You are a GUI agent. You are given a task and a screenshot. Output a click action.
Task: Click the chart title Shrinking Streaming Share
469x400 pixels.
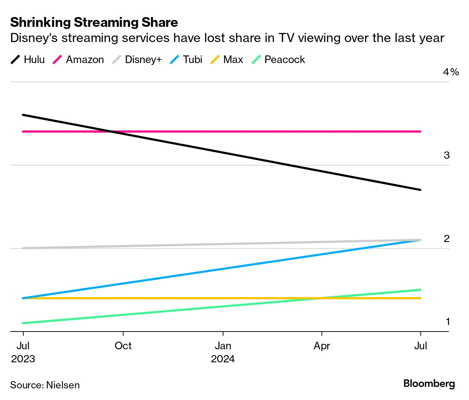pos(94,22)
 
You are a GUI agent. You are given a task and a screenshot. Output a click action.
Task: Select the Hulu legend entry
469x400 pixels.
pos(28,59)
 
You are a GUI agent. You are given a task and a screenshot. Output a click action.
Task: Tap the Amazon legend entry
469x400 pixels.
pos(79,59)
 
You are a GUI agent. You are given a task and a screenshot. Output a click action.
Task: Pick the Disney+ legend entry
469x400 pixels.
pos(137,59)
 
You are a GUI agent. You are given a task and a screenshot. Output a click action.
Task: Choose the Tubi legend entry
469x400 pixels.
pos(186,59)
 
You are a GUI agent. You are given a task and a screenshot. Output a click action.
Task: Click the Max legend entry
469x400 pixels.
pos(227,59)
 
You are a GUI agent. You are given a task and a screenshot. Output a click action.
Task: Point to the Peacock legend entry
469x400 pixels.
pos(279,59)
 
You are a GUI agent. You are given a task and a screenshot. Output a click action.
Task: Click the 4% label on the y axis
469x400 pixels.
pos(451,72)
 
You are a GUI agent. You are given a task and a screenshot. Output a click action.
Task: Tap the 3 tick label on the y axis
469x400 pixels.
pos(447,155)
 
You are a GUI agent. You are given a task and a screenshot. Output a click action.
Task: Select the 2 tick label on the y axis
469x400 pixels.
pos(447,239)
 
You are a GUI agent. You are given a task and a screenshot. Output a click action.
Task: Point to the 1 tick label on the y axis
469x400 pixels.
pos(448,322)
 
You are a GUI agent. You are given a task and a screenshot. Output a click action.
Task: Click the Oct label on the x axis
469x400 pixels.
pos(123,346)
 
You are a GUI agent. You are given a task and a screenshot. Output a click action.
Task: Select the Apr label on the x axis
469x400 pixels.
pos(322,346)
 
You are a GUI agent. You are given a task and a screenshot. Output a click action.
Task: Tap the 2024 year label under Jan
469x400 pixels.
pos(223,359)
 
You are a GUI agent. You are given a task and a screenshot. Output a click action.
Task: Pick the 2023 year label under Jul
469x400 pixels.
pos(23,359)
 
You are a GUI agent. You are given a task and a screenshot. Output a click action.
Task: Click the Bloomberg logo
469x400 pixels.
pos(429,383)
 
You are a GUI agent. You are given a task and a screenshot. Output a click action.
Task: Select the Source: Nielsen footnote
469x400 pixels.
pos(45,385)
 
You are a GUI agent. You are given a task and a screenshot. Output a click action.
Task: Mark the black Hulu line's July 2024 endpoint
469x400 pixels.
pos(420,189)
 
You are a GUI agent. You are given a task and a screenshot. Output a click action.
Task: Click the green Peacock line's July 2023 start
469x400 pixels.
pos(23,323)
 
